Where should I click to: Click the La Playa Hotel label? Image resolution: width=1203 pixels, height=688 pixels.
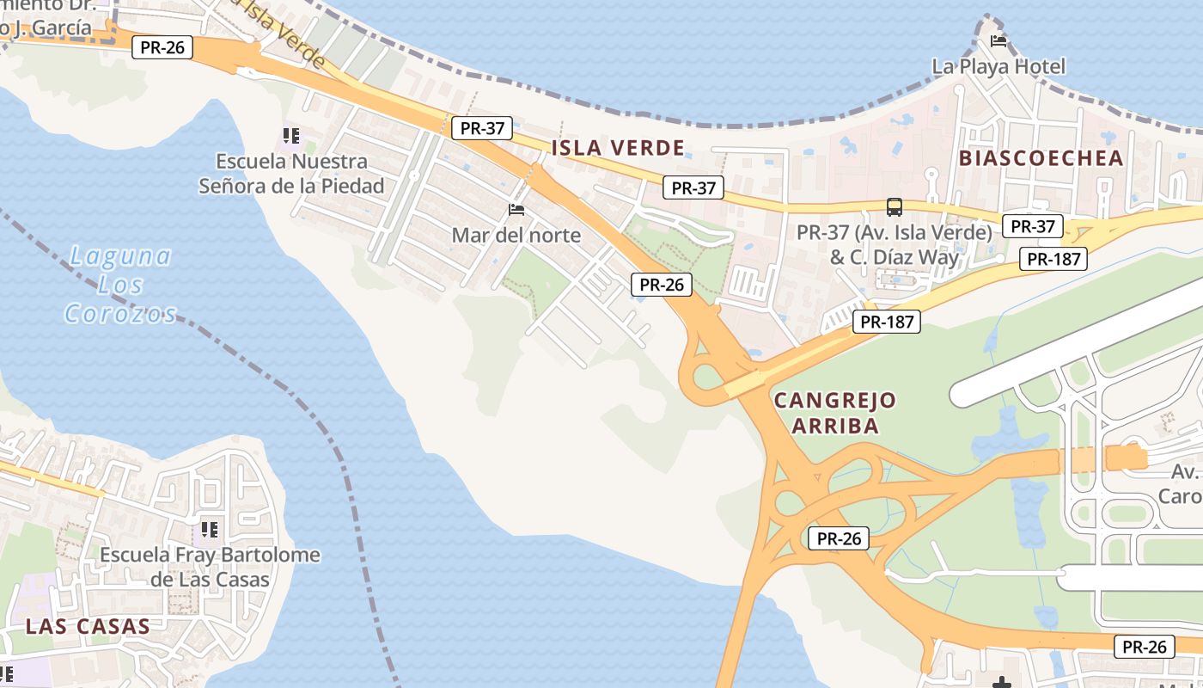998,66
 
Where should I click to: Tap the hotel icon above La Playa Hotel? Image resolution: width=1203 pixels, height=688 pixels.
998,40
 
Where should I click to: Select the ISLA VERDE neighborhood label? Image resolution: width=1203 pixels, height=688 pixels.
618,148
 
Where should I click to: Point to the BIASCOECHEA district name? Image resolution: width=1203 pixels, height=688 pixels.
1041,158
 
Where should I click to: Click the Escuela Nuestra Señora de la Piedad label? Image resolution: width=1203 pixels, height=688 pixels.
291,173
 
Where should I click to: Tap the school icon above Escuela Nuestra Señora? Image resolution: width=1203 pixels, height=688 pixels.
290,136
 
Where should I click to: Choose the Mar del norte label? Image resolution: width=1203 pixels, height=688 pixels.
516,235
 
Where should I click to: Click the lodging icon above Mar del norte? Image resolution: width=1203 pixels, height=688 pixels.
516,209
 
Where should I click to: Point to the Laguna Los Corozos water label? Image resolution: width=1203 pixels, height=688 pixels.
120,285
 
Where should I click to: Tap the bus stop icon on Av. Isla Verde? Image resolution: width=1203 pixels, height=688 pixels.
895,206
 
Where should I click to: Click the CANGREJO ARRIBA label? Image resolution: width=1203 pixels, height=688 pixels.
834,413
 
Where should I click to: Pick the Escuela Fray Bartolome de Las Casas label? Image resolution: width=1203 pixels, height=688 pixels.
211,567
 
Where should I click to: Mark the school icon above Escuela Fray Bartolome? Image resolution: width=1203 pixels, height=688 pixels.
209,529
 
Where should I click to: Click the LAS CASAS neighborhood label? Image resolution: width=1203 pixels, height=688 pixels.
88,626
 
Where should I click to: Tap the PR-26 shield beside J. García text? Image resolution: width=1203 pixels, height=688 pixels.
162,47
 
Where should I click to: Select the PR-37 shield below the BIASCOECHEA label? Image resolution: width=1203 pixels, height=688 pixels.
1032,226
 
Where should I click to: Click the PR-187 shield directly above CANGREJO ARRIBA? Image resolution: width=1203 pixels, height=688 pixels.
887,322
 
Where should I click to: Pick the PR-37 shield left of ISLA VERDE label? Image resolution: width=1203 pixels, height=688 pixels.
482,128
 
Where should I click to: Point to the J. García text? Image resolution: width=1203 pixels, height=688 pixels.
52,28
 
